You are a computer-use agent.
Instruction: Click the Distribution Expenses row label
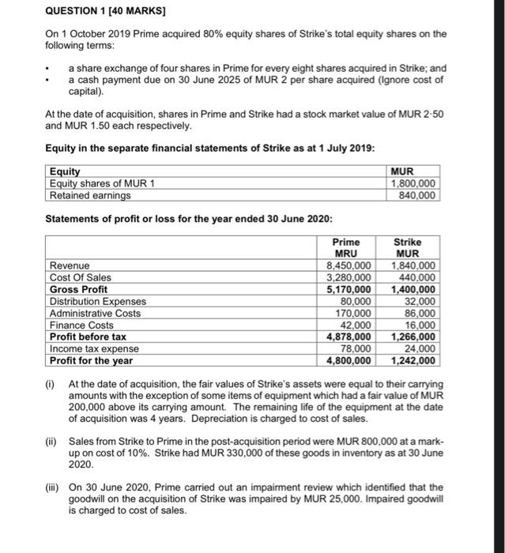coord(98,302)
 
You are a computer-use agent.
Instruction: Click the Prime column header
coord(345,243)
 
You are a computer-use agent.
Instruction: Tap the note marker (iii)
coord(52,487)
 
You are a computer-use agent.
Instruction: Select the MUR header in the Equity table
coord(414,171)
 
